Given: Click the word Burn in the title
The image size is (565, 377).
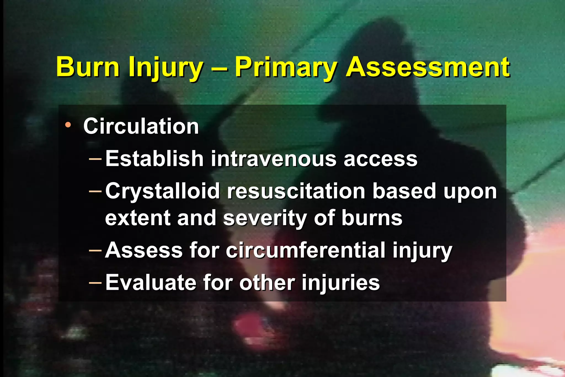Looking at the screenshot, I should point(88,67).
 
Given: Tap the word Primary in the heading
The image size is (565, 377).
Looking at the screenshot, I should point(286,67).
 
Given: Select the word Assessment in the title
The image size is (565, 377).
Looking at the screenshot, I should point(428,67).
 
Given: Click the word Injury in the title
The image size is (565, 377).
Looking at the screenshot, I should point(166,67).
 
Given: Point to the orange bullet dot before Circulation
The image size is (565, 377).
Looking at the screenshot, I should point(68,125).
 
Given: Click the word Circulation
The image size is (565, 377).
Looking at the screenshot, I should point(141,126).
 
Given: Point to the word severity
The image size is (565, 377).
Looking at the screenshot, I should point(265,218).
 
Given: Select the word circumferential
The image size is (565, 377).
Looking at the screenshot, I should point(305,250).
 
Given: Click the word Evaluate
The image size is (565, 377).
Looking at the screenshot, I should point(150,283).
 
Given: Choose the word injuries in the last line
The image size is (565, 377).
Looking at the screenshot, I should point(340,283).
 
